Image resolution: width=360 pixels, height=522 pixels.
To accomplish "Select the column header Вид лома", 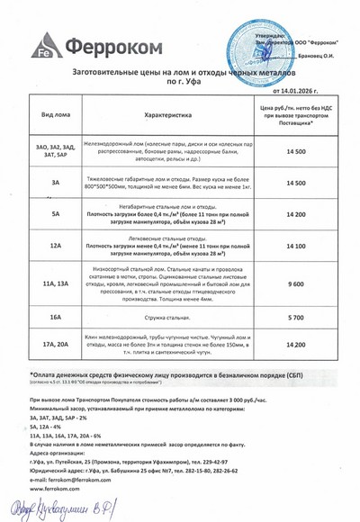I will [54, 116].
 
